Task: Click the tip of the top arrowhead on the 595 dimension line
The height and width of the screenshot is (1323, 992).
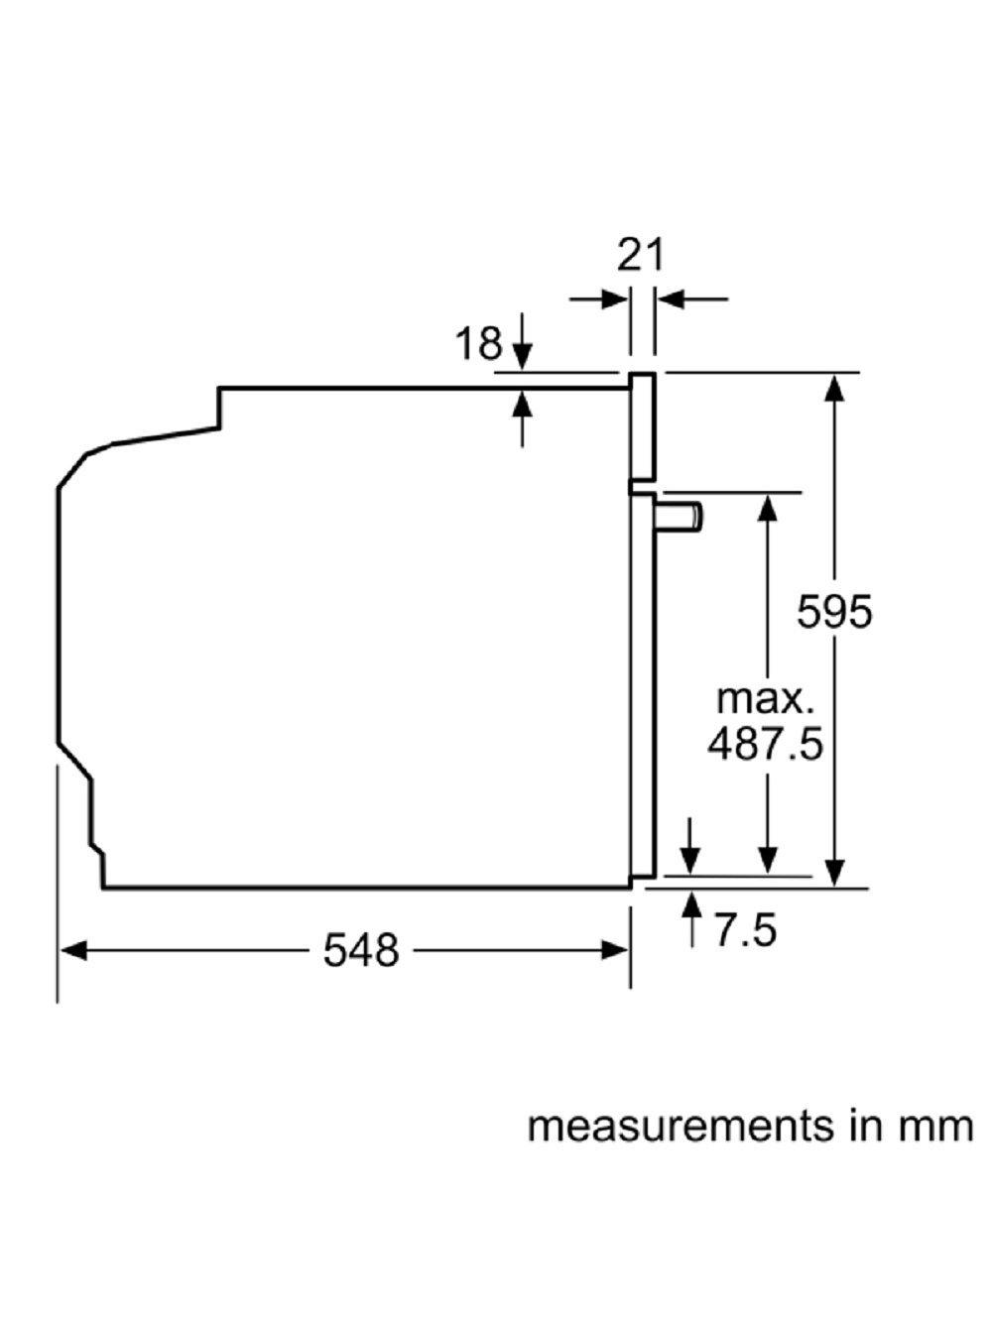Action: click(x=833, y=374)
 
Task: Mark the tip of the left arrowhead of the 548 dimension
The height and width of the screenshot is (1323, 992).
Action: click(x=60, y=951)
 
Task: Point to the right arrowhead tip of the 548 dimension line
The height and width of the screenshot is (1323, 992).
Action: click(x=629, y=951)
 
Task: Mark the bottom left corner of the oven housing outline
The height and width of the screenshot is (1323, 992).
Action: click(x=104, y=888)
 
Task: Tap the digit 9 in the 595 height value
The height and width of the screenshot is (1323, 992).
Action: click(x=834, y=612)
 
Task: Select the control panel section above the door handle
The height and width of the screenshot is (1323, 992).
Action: click(x=643, y=432)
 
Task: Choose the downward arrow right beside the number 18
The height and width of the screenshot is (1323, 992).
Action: click(x=523, y=341)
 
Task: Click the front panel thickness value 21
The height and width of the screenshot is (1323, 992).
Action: click(x=640, y=256)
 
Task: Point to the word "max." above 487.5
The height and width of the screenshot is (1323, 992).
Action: click(x=765, y=700)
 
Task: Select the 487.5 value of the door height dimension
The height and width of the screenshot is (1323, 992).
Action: click(x=765, y=745)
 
